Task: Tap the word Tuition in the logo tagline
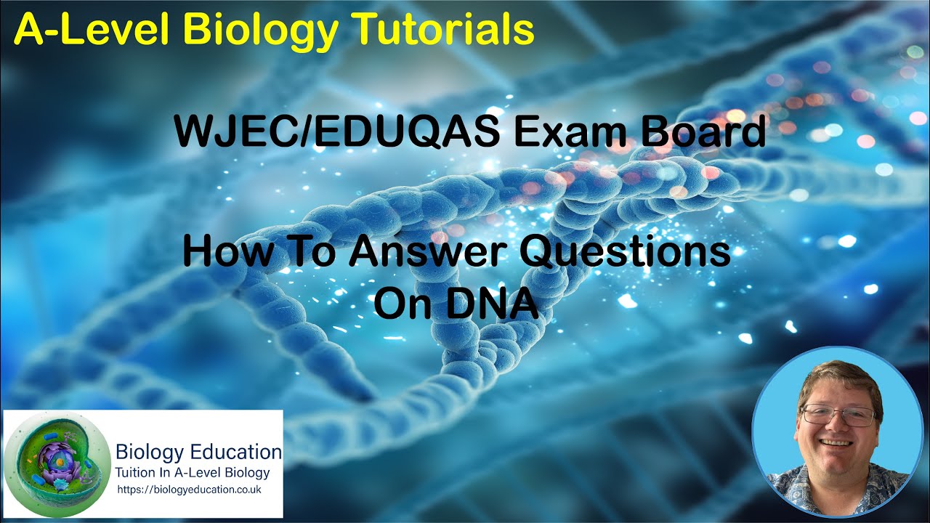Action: click(x=139, y=473)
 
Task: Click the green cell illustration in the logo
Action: click(x=54, y=465)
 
